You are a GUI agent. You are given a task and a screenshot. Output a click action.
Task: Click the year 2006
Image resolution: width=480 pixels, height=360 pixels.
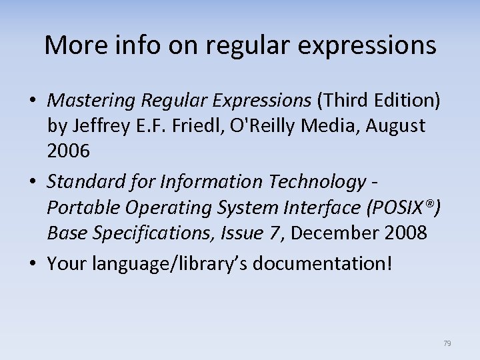coord(68,151)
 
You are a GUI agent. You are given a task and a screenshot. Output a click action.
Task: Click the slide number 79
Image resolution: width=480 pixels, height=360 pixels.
coord(447,343)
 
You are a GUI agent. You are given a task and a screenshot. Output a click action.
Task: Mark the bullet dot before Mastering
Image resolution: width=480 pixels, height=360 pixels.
coord(33,101)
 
